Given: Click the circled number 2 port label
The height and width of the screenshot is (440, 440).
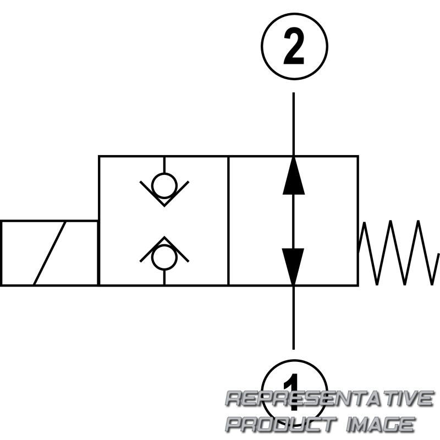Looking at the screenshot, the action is click(294, 46).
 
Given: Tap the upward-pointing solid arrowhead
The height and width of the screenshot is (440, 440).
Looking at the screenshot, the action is click(294, 175).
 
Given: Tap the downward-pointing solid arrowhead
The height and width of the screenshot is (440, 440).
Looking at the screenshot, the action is click(293, 267).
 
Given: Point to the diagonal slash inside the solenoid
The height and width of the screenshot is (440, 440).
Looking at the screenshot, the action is click(50, 253).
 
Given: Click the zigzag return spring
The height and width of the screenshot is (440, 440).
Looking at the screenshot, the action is click(398, 252).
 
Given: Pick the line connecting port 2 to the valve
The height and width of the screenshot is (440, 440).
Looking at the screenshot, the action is click(294, 124).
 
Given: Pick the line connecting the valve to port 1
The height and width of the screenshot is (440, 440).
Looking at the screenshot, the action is click(294, 318).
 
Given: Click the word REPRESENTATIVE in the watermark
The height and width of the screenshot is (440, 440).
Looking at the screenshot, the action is click(329, 398).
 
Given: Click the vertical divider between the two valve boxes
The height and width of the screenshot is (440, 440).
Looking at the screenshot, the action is click(229, 221).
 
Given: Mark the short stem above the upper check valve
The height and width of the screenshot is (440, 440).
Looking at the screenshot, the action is click(164, 165).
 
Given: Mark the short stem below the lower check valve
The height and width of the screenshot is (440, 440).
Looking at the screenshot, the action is click(164, 278).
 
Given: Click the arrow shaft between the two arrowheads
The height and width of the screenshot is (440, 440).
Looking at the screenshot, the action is click(294, 221).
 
